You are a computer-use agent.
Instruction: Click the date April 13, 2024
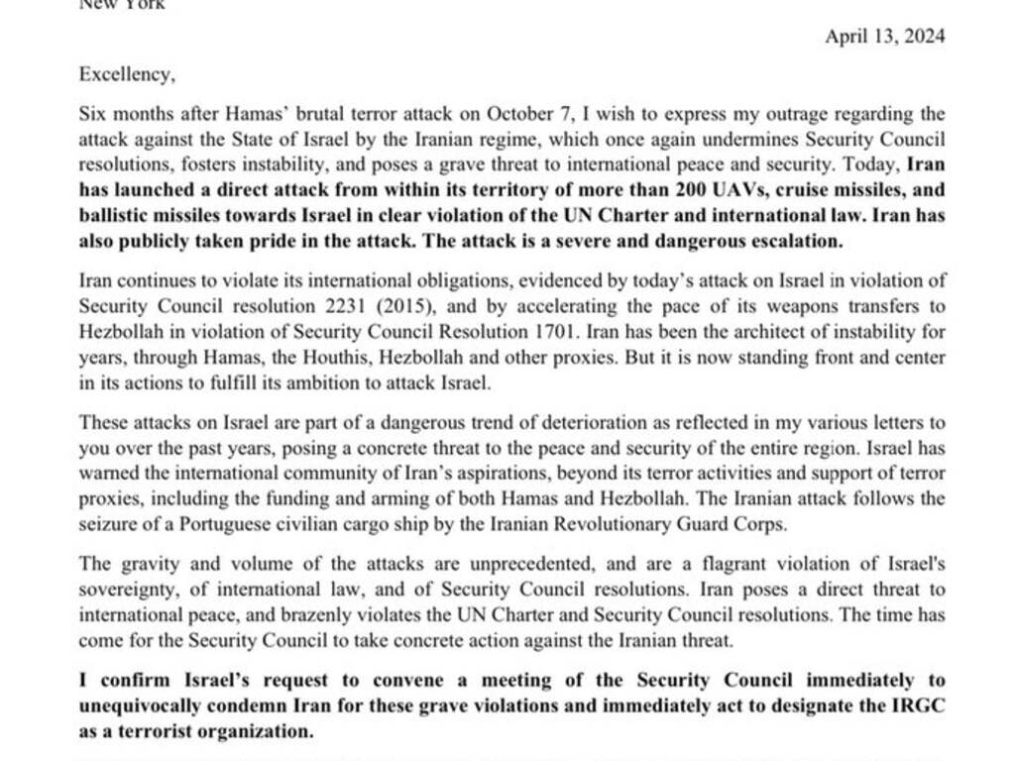tap(884, 37)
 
